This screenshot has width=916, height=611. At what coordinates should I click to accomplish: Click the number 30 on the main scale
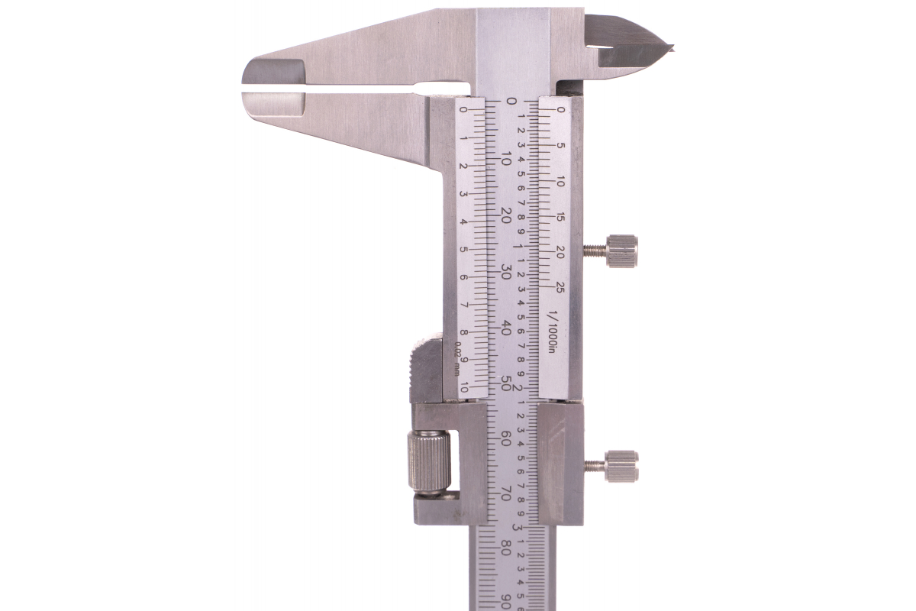click(x=506, y=272)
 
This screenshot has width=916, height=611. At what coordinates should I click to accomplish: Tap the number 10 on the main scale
click(x=506, y=159)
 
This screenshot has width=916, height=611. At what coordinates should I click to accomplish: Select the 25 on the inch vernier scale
click(x=560, y=289)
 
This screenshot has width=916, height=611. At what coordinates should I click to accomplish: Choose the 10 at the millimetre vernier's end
click(x=465, y=386)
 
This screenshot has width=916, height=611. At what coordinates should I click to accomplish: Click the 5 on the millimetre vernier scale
click(x=464, y=249)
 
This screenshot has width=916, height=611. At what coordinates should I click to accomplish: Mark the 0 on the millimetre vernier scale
click(x=464, y=111)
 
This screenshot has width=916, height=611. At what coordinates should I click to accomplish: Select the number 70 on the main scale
click(x=506, y=493)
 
